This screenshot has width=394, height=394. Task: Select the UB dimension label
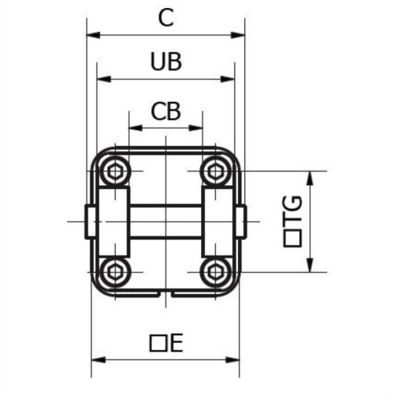[165, 62]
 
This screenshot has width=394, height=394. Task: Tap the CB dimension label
[165, 111]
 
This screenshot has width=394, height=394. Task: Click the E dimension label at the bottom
[165, 343]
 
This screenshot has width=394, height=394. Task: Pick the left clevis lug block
[113, 221]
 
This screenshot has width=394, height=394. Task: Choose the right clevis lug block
[218, 221]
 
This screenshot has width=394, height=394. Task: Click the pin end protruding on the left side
[90, 221]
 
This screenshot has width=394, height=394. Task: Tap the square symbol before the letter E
[157, 343]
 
